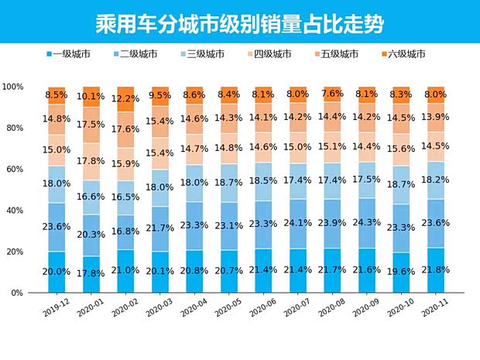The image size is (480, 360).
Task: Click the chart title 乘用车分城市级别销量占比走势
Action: pyautogui.click(x=239, y=21)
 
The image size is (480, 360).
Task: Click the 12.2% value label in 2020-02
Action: pyautogui.click(x=126, y=100)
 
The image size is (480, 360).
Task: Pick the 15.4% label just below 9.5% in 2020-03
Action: pyautogui.click(x=160, y=122)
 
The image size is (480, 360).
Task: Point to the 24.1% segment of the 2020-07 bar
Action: pyautogui.click(x=298, y=222)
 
